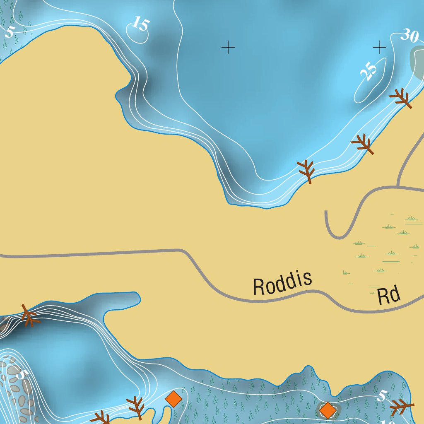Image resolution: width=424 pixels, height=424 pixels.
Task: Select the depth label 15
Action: [141, 24]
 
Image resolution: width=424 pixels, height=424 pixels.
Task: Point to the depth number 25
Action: [369, 71]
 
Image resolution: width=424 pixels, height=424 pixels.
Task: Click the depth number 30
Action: [410, 36]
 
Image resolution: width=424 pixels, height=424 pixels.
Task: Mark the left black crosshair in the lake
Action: [228, 48]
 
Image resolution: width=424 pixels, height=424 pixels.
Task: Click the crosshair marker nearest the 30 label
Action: [379, 48]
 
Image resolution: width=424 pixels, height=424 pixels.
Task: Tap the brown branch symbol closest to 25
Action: [401, 98]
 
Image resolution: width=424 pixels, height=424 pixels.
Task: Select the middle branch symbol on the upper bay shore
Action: [363, 144]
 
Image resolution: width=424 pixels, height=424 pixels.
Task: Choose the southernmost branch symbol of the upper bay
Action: [306, 171]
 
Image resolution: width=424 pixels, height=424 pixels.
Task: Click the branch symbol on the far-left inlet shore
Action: [29, 316]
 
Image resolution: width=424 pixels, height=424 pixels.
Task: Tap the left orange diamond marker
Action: [173, 399]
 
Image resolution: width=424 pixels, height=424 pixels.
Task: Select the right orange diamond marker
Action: [328, 410]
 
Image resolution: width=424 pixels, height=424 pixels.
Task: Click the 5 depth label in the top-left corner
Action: [9, 31]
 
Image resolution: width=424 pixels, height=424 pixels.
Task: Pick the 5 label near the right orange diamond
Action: [382, 397]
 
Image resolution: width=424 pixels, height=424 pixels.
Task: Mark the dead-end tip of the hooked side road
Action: [326, 212]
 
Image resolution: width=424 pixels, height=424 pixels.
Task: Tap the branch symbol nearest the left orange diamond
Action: [136, 407]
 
